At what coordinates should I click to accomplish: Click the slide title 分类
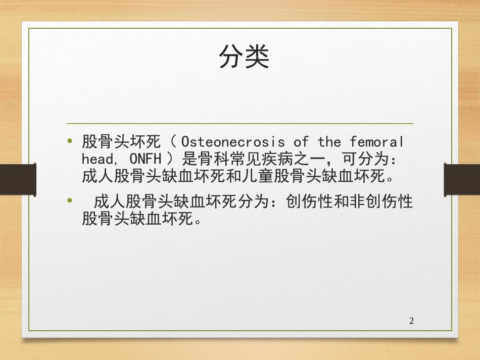click(x=244, y=58)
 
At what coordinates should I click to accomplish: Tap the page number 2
click(x=411, y=321)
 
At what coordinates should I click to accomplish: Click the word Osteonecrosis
click(x=232, y=141)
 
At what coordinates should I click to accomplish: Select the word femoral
click(x=377, y=141)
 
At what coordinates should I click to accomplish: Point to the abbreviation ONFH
click(x=145, y=159)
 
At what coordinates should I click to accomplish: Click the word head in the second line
click(x=98, y=159)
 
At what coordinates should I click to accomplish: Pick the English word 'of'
click(x=301, y=141)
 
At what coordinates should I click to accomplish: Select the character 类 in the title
click(x=257, y=58)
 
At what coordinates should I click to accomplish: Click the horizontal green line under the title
click(x=241, y=123)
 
